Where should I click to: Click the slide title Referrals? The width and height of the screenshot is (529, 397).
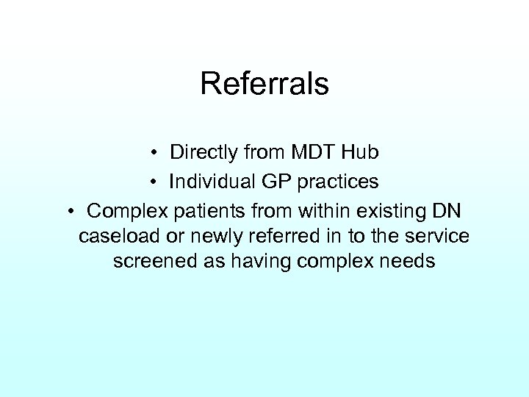coord(264,84)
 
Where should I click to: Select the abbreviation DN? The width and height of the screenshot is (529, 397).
coord(447,210)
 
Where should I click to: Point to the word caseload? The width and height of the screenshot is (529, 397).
coord(120,237)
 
